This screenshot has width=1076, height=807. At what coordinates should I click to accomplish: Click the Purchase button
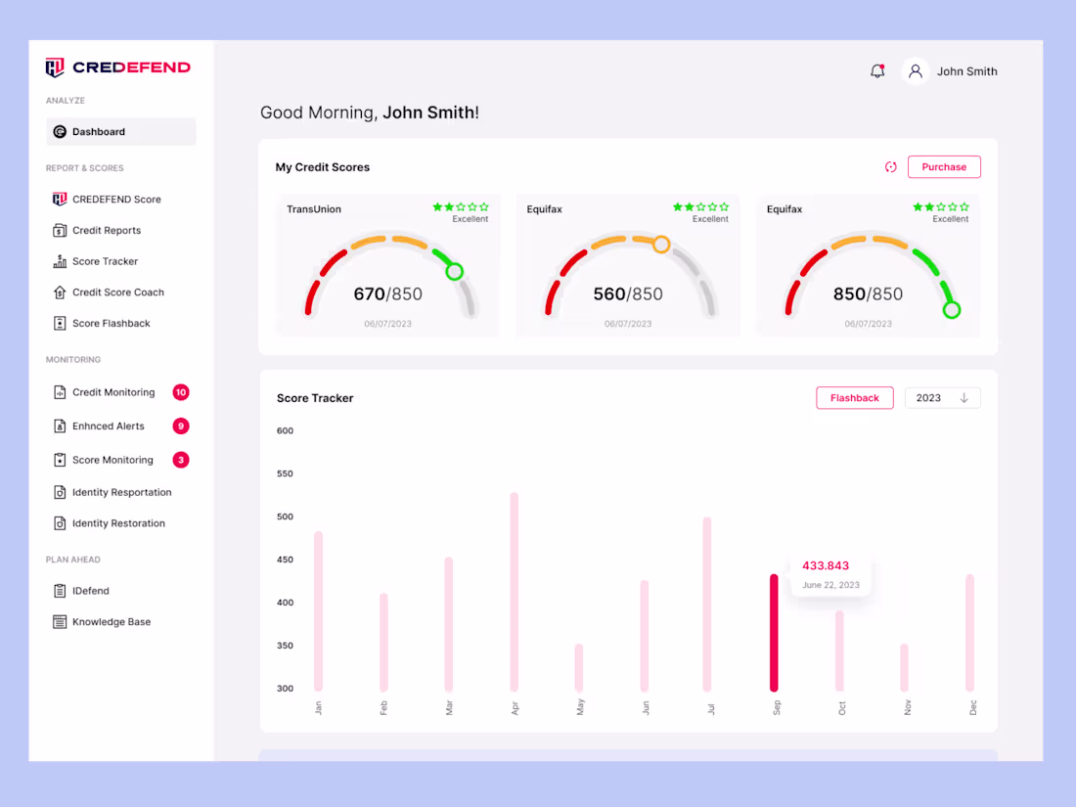(x=943, y=167)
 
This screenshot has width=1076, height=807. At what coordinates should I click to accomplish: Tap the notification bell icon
(x=877, y=71)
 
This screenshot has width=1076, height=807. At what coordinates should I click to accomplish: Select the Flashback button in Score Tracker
(x=854, y=398)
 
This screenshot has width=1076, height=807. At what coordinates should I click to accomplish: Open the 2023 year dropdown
(x=942, y=398)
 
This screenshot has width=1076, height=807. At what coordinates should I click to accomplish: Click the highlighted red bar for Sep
(x=774, y=632)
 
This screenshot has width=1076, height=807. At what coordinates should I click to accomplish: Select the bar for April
(x=515, y=592)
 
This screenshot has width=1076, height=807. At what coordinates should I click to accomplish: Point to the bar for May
(x=579, y=667)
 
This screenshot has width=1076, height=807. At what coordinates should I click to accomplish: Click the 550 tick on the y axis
(x=285, y=473)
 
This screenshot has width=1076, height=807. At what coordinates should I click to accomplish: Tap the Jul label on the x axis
(x=711, y=707)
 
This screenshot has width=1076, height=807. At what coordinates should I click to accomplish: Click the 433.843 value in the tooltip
(x=826, y=565)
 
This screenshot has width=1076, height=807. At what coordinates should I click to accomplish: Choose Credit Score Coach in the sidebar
(x=117, y=292)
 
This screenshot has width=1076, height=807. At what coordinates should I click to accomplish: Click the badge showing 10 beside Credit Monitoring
(x=180, y=392)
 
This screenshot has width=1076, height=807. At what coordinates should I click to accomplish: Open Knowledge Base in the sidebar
(x=111, y=622)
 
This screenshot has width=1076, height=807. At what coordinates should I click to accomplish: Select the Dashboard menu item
(x=99, y=132)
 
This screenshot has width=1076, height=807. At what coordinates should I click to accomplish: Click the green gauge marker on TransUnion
(x=454, y=272)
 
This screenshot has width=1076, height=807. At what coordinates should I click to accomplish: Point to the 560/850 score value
(x=627, y=293)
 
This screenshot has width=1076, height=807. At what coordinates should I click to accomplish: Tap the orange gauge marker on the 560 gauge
(x=661, y=245)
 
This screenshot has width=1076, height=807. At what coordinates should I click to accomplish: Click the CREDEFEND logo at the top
(x=118, y=67)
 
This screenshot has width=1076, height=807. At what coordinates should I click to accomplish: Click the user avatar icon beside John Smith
(x=916, y=71)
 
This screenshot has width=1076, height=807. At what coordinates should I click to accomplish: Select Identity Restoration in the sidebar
(x=118, y=523)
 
